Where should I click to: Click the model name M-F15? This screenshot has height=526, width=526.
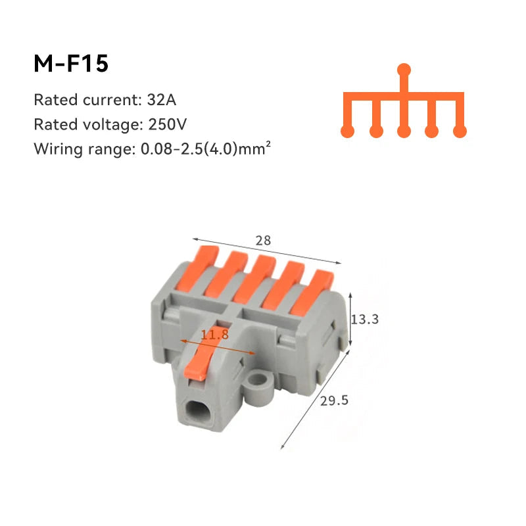tap(70, 64)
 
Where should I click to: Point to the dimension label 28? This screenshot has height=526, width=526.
tap(264, 241)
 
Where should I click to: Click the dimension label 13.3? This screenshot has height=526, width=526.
tap(365, 320)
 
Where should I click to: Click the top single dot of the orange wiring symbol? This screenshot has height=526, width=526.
tap(405, 69)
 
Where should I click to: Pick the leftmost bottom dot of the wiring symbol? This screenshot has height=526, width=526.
tap(348, 131)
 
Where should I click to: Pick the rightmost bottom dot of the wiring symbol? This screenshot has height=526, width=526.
tap(460, 131)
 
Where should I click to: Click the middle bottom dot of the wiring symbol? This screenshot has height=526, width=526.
tap(404, 131)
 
